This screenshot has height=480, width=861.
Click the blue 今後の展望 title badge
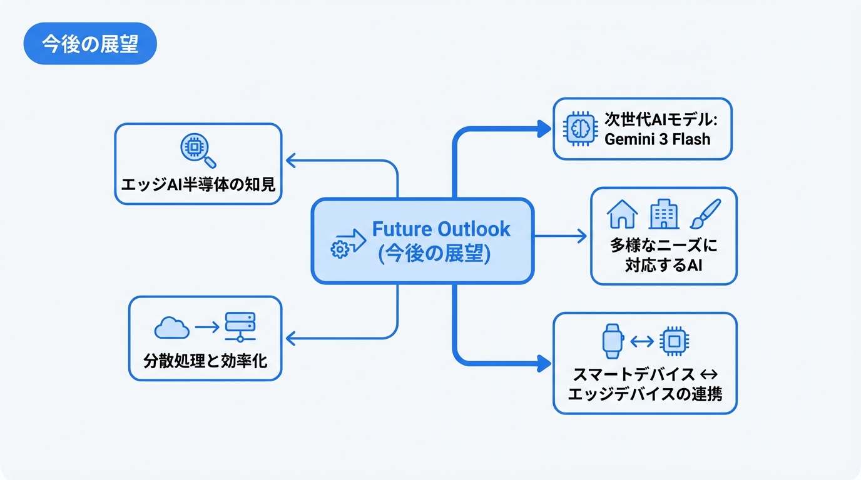[x=89, y=44]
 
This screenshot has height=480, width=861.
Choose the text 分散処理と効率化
[x=205, y=360]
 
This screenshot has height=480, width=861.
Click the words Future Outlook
[x=441, y=229]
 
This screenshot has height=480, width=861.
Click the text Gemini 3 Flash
[x=657, y=139]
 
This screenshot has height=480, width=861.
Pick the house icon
[x=622, y=214]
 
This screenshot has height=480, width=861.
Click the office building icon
[x=663, y=214]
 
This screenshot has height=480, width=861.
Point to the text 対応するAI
[x=663, y=265]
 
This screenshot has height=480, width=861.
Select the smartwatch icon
[x=612, y=341]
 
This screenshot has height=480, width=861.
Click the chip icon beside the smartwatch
[x=675, y=341]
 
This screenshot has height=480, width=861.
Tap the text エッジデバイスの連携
[x=644, y=394]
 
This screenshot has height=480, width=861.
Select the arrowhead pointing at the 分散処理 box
[x=291, y=338]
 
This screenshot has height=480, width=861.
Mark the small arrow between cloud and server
[x=206, y=327]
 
